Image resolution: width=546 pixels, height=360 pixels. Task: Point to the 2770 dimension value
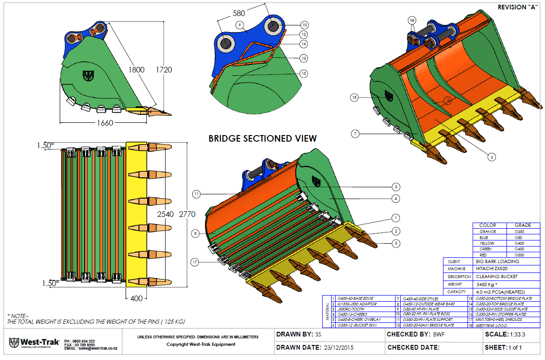tap(187, 214)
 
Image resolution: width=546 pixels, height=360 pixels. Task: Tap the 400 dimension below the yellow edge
tap(136, 298)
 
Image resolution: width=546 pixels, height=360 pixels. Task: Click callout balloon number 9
tap(240, 25)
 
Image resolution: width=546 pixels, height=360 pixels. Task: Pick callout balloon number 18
tap(354, 97)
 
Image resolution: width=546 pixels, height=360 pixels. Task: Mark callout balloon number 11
tap(196, 193)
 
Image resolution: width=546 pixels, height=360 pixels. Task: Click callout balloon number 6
tap(491, 157)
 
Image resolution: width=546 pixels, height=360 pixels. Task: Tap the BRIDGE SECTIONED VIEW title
tap(262, 138)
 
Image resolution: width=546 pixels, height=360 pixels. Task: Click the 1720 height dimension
tap(164, 70)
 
